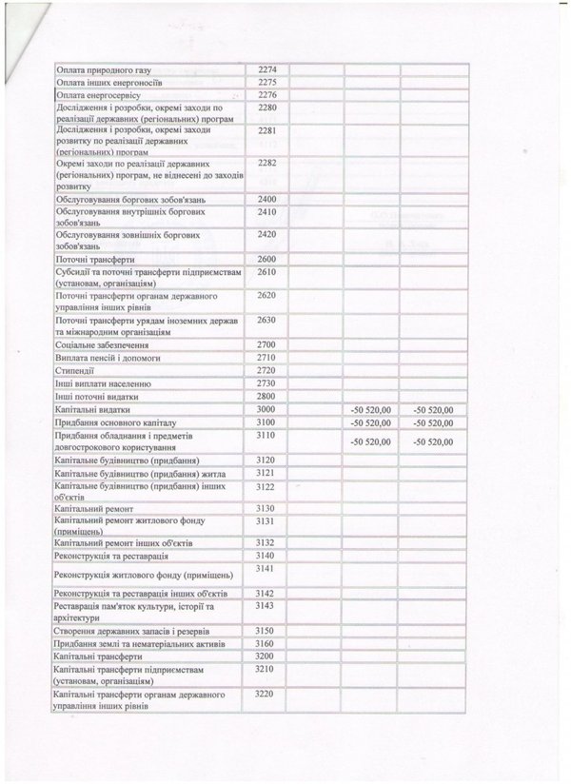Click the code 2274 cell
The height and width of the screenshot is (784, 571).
click(x=266, y=69)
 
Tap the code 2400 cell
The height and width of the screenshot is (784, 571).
click(x=266, y=197)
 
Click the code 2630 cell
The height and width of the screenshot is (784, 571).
click(x=266, y=321)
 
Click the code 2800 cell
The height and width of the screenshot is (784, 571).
click(x=266, y=394)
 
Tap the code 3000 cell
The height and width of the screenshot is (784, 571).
click(x=266, y=407)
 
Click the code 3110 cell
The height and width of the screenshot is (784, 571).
click(x=266, y=433)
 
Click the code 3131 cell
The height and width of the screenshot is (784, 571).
click(x=266, y=521)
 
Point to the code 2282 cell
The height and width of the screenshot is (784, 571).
click(x=266, y=164)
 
